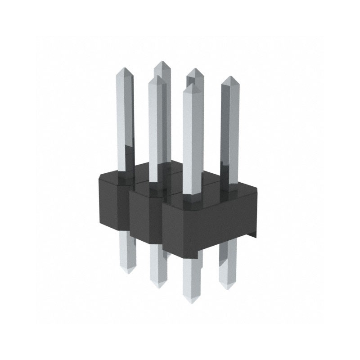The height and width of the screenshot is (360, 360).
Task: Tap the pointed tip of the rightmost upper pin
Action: click(230, 78)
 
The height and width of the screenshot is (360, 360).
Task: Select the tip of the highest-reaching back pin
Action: click(162, 62)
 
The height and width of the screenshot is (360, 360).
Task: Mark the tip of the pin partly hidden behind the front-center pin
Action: click(195, 70)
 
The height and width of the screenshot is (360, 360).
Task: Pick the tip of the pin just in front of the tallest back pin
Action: click(157, 77)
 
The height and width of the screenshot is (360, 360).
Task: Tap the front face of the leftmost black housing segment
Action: click(112, 202)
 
